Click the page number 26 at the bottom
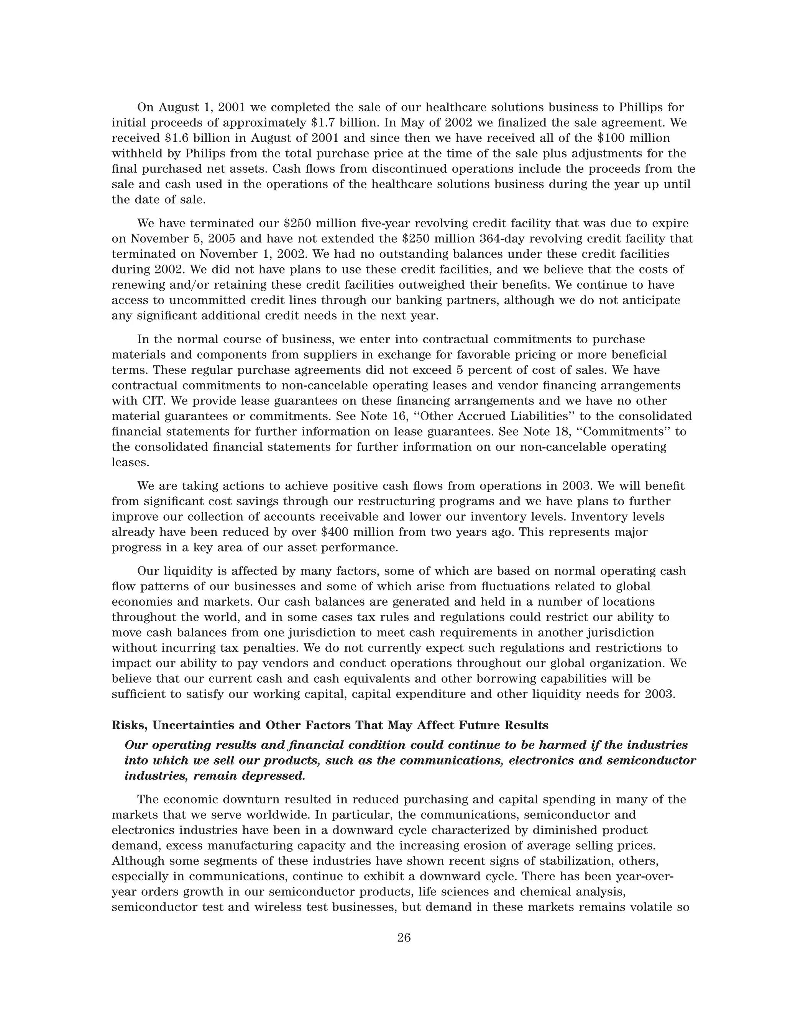(404, 937)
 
